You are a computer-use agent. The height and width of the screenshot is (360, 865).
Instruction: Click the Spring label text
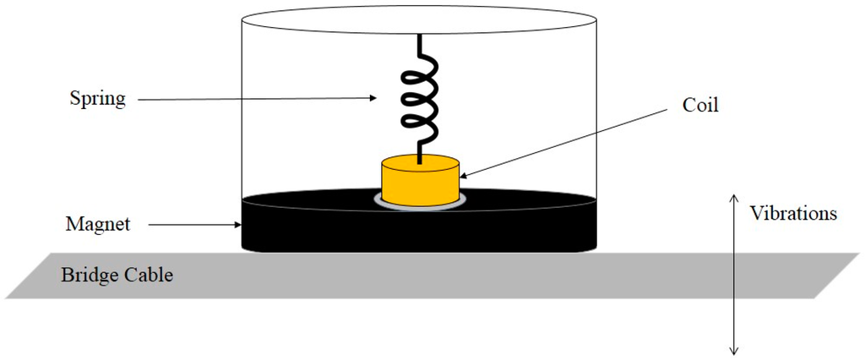pyautogui.click(x=97, y=99)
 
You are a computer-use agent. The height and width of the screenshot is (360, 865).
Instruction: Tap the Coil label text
pyautogui.click(x=699, y=107)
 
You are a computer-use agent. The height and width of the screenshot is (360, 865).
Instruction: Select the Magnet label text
pyautogui.click(x=98, y=225)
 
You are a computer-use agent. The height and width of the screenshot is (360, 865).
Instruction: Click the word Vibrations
pyautogui.click(x=793, y=213)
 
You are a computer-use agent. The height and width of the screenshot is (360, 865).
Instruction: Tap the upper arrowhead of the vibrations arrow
pyautogui.click(x=734, y=197)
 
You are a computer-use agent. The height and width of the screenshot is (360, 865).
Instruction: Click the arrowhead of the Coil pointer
pyautogui.click(x=464, y=176)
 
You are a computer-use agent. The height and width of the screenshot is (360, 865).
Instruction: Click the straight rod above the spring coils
pyautogui.click(x=420, y=44)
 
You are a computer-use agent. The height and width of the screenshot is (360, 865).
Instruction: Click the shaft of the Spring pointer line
pyautogui.click(x=253, y=99)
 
